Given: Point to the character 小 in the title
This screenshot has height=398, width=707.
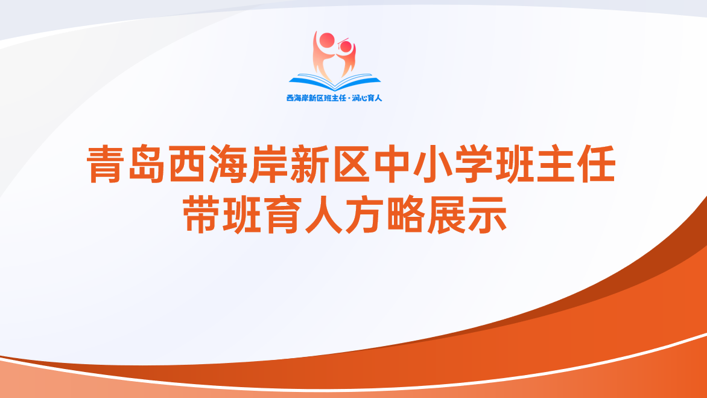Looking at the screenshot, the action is [x=433, y=164].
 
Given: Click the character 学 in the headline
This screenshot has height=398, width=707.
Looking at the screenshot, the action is [x=474, y=164].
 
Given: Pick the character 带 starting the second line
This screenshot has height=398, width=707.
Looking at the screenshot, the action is [x=201, y=215].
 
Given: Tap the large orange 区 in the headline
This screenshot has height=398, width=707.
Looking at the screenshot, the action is [x=351, y=164].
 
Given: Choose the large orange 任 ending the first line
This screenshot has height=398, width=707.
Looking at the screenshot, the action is [x=597, y=164].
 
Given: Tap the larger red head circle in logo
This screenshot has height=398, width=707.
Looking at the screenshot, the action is [x=327, y=40].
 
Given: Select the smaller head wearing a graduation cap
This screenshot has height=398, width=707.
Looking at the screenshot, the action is [x=346, y=45].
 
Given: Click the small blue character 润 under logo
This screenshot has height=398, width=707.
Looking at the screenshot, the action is [x=356, y=98].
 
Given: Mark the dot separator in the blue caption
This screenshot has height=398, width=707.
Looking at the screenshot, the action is [x=349, y=98].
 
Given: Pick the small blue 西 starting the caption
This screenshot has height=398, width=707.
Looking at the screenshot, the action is [x=290, y=98].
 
